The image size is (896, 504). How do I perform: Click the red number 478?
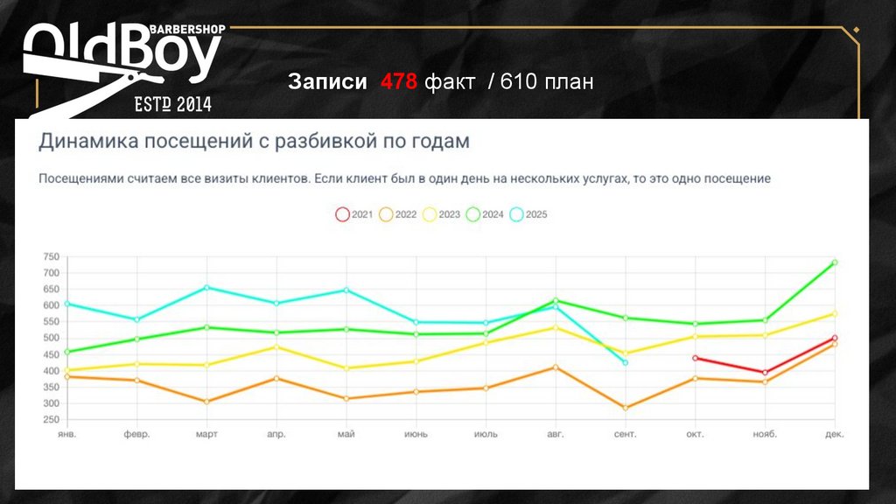[398, 82]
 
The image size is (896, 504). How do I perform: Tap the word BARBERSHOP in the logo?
[188, 29]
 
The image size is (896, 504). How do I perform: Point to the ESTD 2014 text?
[172, 105]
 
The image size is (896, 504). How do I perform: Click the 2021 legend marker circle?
[343, 214]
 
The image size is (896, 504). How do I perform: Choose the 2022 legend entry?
[396, 214]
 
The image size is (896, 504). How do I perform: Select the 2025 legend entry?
[528, 214]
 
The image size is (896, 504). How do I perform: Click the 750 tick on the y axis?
[51, 256]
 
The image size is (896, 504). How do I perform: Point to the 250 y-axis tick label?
[51, 420]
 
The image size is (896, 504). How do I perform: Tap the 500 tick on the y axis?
[51, 338]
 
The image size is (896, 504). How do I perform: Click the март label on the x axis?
[206, 434]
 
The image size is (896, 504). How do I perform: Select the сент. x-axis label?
[625, 434]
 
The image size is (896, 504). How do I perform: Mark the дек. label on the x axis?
[834, 434]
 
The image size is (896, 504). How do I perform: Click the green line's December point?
[835, 262]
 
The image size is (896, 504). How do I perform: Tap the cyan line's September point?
[625, 362]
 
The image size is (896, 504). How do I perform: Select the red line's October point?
[695, 358]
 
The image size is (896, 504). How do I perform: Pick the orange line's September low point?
[625, 408]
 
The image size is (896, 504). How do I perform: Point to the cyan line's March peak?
[206, 287]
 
